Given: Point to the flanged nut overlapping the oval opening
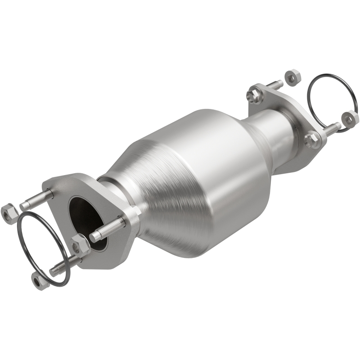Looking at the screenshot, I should tap(80, 245).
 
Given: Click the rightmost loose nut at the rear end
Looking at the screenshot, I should tap(350, 118).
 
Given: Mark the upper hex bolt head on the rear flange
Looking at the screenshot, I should tap(254, 95).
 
